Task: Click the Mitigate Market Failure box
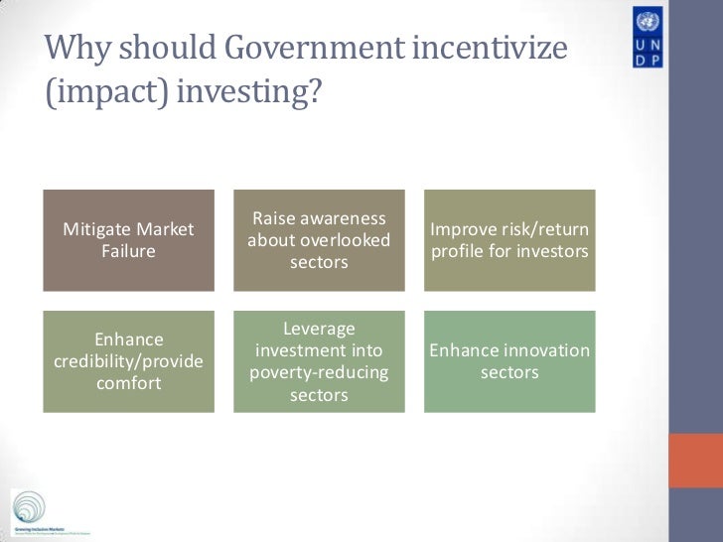click(x=128, y=240)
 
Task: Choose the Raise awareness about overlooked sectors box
click(x=319, y=240)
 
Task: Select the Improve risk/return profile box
click(x=509, y=240)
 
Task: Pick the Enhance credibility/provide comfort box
click(x=128, y=361)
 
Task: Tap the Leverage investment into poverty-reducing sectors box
click(x=319, y=361)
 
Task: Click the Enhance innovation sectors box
click(x=509, y=361)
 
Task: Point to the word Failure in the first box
click(x=128, y=251)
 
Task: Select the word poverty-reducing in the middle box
click(x=319, y=373)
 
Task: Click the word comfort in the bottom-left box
click(x=128, y=383)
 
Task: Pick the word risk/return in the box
click(x=542, y=230)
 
